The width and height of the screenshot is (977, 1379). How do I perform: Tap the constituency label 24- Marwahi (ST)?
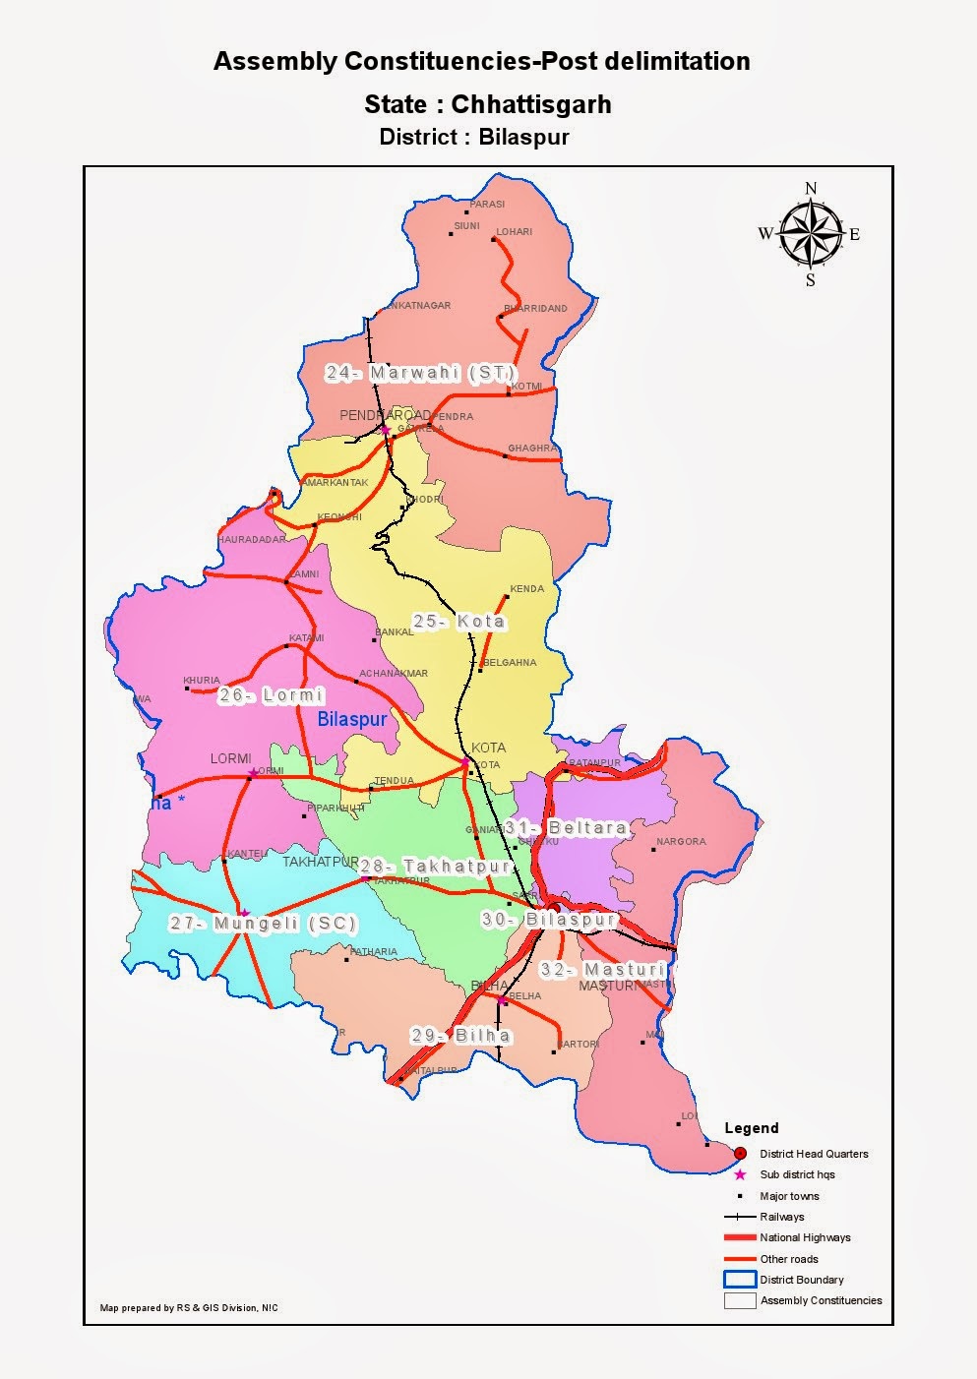point(420,373)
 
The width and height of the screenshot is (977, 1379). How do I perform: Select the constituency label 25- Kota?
point(458,622)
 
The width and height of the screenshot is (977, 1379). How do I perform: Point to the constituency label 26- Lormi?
point(271,695)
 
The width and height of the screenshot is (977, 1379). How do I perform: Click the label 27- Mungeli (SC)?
point(263,924)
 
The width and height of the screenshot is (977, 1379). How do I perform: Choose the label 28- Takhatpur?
point(435,867)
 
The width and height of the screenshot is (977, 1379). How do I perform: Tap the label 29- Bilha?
point(460,1035)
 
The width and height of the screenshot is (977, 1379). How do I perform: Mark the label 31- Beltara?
point(567,828)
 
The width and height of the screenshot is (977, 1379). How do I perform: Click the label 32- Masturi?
point(602,969)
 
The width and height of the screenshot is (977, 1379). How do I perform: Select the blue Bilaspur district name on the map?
point(352,720)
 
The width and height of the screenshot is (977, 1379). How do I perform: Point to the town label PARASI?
point(487,205)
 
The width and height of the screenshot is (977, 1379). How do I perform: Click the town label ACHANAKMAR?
point(394,674)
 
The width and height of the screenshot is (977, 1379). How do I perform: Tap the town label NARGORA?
point(681,842)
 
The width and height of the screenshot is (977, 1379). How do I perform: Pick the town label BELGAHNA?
point(511,663)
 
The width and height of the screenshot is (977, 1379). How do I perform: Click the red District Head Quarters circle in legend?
point(740,1154)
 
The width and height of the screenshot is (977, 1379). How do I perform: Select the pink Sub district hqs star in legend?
point(740,1174)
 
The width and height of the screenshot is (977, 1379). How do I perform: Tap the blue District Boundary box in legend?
point(740,1280)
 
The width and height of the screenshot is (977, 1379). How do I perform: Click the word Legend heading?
point(751,1128)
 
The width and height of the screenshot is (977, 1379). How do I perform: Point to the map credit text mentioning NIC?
point(189,1307)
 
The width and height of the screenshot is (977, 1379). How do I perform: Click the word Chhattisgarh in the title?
point(531,104)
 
